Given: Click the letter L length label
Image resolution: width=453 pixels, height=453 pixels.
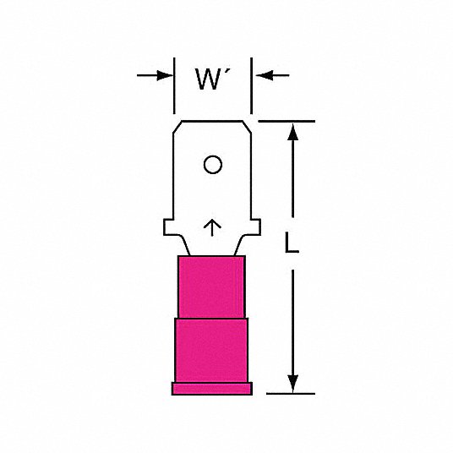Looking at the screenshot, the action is click(292, 243).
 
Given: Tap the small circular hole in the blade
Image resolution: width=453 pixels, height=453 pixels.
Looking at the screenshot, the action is click(213, 165).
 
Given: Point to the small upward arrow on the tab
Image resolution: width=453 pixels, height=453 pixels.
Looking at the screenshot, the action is click(212, 227).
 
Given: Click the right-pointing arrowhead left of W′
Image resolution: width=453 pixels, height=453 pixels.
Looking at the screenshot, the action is click(165, 75).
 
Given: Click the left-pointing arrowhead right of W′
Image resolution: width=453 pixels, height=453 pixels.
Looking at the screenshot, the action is click(264, 75).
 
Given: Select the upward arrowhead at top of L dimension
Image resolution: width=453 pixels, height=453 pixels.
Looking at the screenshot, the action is click(292, 132).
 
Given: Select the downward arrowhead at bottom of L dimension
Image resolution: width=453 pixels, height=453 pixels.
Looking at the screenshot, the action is click(292, 384).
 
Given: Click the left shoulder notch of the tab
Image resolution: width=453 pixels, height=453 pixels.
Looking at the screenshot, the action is click(168, 227).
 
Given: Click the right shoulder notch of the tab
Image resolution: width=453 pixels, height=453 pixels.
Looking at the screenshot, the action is click(256, 227).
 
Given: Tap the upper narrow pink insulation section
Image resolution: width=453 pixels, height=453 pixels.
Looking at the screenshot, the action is click(212, 287).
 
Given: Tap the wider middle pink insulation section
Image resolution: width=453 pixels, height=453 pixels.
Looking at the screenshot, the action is click(211, 350).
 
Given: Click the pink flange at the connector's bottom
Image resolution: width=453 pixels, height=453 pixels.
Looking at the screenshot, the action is click(212, 389).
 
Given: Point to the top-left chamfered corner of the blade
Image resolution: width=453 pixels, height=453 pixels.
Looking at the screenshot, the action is click(177, 127).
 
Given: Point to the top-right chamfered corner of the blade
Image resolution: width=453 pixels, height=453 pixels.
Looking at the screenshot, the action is click(247, 127).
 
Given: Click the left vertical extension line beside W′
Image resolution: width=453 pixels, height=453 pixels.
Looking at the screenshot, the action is click(174, 86).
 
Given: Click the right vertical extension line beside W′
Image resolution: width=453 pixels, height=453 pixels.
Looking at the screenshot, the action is click(251, 86).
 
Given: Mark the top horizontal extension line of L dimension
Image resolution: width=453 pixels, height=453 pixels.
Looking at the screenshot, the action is click(287, 122).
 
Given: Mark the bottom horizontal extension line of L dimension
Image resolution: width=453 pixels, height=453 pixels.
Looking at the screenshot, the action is click(291, 394).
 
